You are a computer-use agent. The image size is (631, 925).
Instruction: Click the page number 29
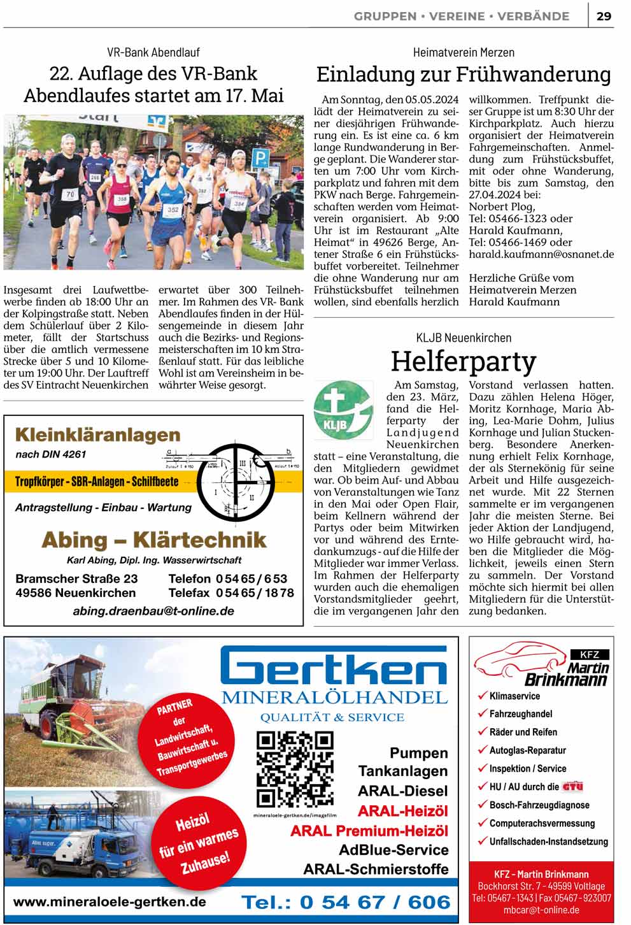604,16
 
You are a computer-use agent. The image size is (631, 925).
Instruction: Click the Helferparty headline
464,361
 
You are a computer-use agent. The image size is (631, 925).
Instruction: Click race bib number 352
173,209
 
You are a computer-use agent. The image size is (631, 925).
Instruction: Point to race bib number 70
70,194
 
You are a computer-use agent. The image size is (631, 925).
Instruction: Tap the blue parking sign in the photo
260,157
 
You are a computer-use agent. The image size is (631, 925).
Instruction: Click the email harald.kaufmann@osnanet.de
541,254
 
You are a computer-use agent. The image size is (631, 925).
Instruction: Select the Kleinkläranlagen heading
97,435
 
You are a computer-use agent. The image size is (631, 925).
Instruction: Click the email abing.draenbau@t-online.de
153,611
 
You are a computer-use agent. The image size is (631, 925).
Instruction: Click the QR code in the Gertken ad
295,770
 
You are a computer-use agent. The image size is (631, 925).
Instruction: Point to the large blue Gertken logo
334,667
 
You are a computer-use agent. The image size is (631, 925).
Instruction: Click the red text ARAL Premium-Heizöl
369,831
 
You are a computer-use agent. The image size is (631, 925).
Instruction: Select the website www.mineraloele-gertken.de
110,902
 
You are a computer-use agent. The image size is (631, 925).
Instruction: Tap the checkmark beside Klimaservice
482,696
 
